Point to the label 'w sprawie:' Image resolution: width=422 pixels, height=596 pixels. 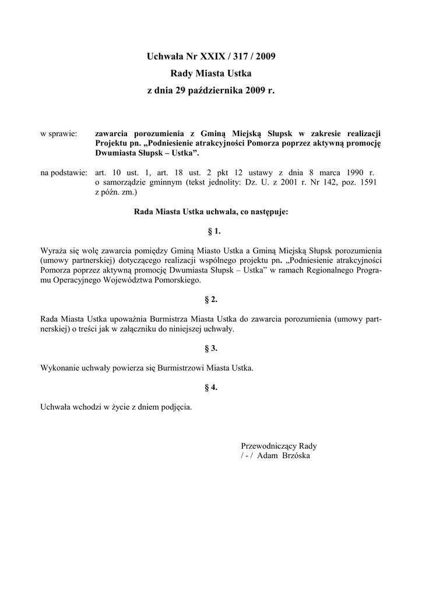[x=59, y=134]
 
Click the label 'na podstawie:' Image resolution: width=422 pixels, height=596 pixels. [x=64, y=173]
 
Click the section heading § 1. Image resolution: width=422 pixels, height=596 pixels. [x=211, y=231]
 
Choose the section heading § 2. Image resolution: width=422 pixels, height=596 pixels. [x=211, y=299]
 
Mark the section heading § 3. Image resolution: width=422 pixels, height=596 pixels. [x=211, y=348]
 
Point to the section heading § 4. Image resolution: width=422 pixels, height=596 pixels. [x=211, y=387]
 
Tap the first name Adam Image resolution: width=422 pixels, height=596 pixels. [x=268, y=455]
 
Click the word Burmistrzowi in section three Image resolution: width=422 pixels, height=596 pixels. [x=173, y=368]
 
